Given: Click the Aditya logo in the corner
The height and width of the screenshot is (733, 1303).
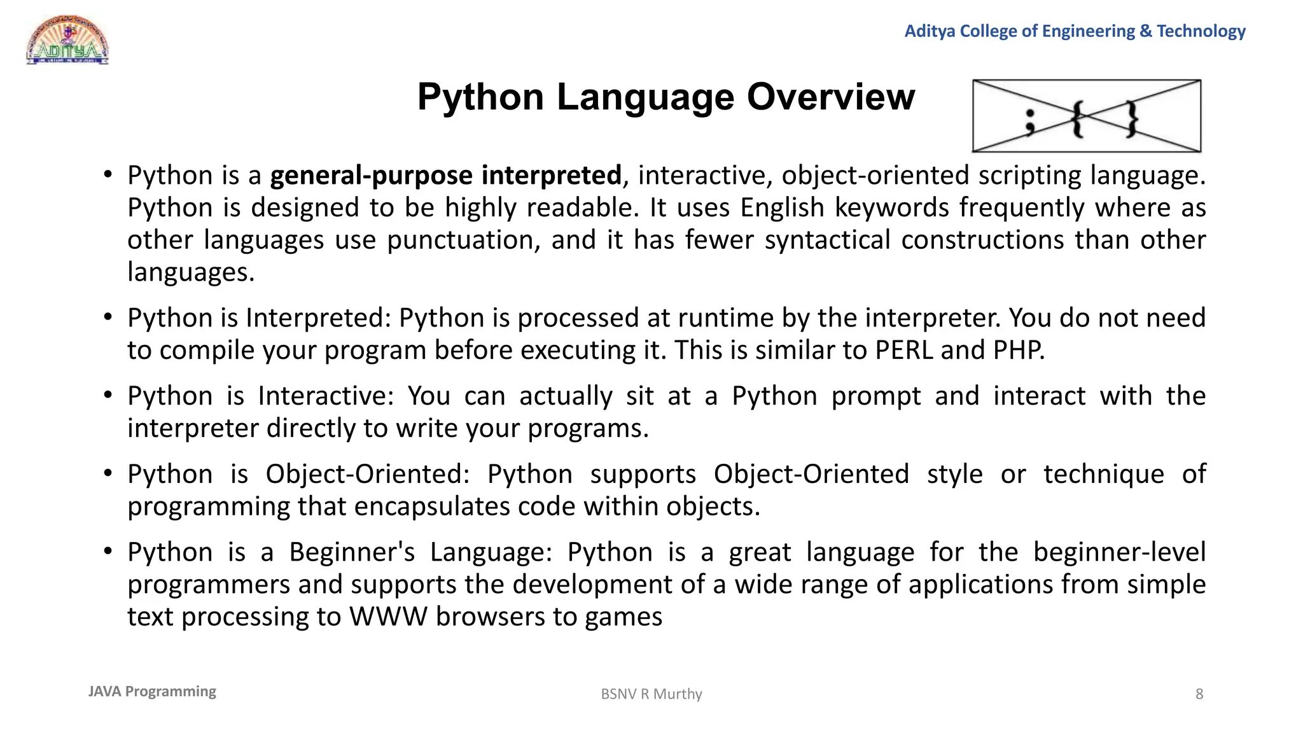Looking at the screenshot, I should coord(67,41).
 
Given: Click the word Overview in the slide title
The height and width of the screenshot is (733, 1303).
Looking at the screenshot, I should coord(830,97).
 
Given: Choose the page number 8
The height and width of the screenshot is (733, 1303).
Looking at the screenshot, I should coord(1199,694).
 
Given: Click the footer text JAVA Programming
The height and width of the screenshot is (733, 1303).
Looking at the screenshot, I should coord(152,692).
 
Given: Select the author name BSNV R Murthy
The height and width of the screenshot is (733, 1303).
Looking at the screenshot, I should coord(651,694).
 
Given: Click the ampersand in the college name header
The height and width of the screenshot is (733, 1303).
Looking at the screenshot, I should coord(1146,31).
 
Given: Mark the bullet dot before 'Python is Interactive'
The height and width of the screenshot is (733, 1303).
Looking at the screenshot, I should coord(108,396).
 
